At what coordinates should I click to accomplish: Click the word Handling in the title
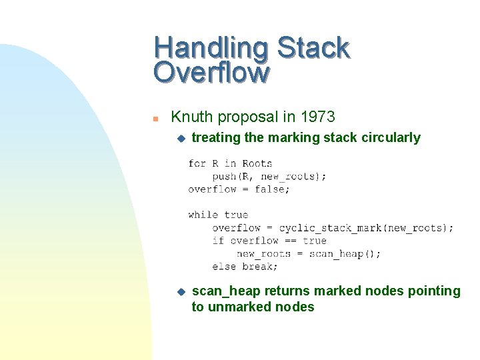click(211, 49)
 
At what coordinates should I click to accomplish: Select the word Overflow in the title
click(211, 72)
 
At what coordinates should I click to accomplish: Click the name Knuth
click(191, 117)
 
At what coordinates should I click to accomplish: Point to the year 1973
click(317, 117)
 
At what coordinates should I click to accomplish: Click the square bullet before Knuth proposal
click(155, 119)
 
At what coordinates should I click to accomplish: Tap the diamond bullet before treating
click(179, 138)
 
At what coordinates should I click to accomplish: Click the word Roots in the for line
click(257, 163)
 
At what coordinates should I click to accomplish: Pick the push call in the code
click(224, 176)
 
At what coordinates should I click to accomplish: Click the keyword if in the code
click(218, 241)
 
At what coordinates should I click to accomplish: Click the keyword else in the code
click(224, 267)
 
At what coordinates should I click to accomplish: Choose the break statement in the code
click(260, 267)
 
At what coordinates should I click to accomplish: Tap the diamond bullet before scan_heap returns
click(179, 291)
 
